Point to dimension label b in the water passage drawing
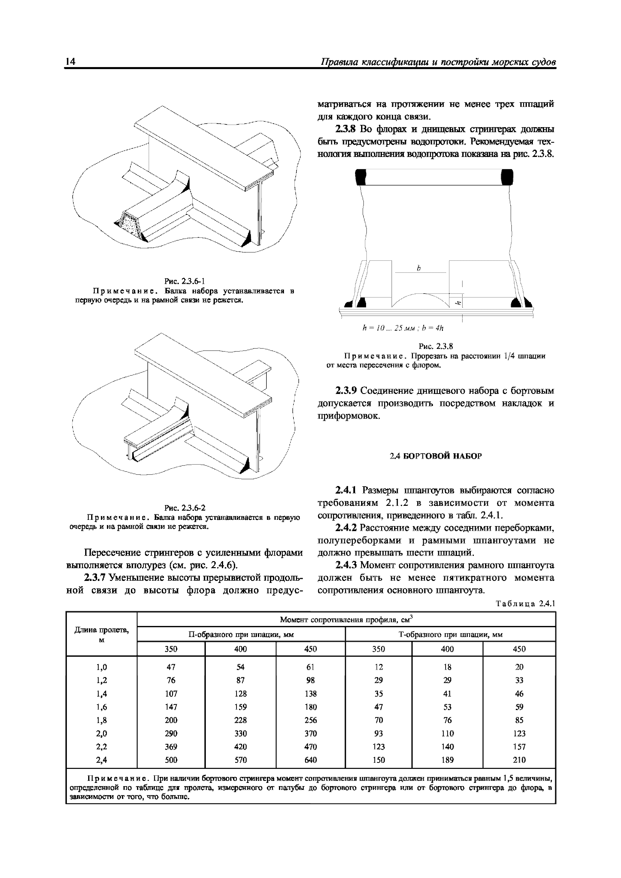pos(419,269)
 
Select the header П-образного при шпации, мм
pos(241,634)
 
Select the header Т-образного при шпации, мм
pos(450,634)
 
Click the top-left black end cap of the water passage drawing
pos(361,177)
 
